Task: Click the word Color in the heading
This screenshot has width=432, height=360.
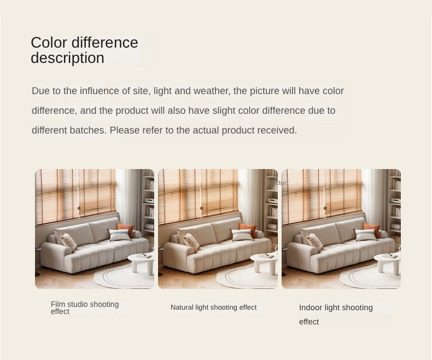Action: tap(49, 43)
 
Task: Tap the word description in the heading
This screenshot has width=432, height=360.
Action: tap(67, 58)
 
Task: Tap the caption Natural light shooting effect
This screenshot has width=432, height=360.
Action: tap(213, 307)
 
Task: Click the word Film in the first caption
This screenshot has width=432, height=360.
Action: tap(58, 304)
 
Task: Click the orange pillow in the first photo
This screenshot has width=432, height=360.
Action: tap(126, 229)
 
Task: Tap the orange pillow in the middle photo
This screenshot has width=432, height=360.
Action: tap(248, 229)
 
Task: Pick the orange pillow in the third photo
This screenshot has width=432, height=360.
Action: tap(372, 229)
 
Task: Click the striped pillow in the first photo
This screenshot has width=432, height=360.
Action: tap(68, 242)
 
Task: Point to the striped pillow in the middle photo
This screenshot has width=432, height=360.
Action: tap(191, 242)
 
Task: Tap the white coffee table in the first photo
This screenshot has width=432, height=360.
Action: tap(141, 262)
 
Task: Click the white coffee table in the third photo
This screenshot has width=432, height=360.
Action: tap(387, 262)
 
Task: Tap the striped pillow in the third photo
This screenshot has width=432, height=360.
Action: tap(314, 242)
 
